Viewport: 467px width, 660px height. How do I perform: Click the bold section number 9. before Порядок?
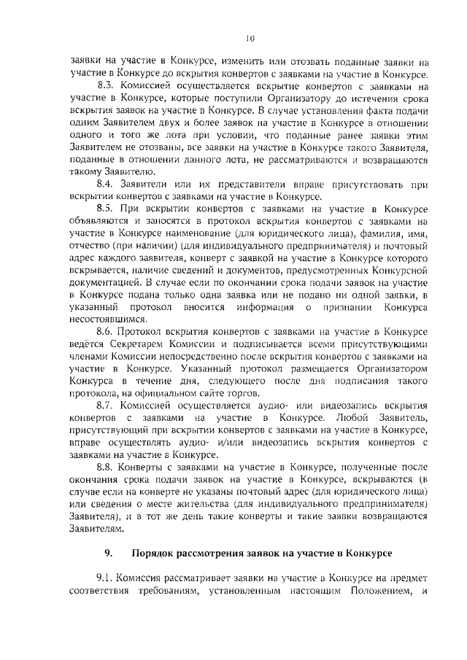[x=109, y=551]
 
